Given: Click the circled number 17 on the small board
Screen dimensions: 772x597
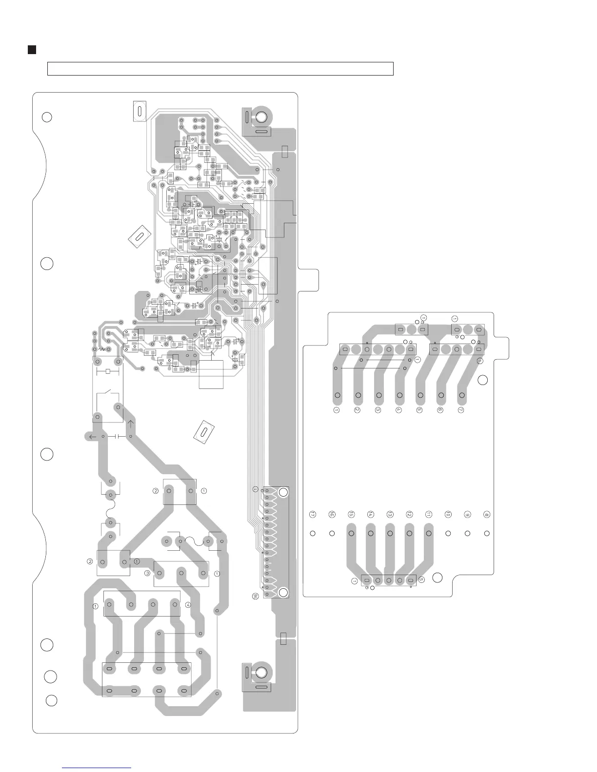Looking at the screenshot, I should pyautogui.click(x=313, y=514).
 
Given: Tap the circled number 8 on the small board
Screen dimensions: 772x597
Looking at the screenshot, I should pyautogui.click(x=486, y=514).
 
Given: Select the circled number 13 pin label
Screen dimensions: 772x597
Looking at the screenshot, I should pyautogui.click(x=390, y=514).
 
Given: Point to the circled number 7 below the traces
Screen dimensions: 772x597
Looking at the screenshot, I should pyautogui.click(x=460, y=410).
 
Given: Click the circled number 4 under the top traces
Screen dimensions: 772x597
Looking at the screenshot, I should pyautogui.click(x=398, y=410).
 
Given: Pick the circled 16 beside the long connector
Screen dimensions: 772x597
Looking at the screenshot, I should pyautogui.click(x=255, y=596).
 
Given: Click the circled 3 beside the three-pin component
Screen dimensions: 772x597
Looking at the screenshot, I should pyautogui.click(x=147, y=573).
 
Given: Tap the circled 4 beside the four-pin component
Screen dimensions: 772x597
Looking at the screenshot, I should pyautogui.click(x=188, y=605).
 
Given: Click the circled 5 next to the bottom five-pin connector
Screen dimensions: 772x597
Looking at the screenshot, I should pyautogui.click(x=421, y=580).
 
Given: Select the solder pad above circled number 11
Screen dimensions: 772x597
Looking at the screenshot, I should pyautogui.click(x=429, y=533).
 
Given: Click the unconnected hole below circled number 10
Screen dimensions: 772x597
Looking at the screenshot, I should pyautogui.click(x=448, y=533).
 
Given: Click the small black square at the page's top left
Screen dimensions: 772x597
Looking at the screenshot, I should pyautogui.click(x=32, y=50).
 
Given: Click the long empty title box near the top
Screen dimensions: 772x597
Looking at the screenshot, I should pyautogui.click(x=220, y=69).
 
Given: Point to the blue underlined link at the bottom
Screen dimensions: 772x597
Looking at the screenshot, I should pyautogui.click(x=97, y=768).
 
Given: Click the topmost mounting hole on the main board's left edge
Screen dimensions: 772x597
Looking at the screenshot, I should pyautogui.click(x=46, y=117).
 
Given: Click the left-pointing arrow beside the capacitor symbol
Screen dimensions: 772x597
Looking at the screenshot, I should pyautogui.click(x=91, y=436).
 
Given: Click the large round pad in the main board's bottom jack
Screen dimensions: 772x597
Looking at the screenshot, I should pyautogui.click(x=261, y=673).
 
